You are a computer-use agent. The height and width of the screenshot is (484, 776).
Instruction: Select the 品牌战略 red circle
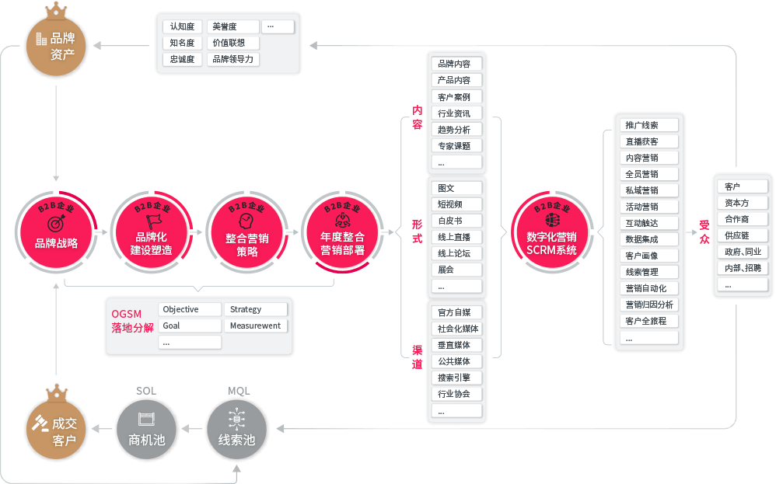coord(56,232)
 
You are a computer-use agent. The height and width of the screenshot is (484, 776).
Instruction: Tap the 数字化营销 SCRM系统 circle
coord(551,232)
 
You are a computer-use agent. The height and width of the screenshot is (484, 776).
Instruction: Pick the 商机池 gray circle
coord(146,430)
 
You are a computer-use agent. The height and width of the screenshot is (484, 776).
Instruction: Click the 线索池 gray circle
coord(236,430)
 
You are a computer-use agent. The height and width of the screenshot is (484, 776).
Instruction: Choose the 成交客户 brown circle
coord(58,430)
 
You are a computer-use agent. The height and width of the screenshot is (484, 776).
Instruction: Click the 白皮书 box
coord(456,221)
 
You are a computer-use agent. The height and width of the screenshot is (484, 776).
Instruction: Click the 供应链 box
coord(741,235)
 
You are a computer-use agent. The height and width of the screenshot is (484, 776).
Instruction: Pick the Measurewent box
coord(255,326)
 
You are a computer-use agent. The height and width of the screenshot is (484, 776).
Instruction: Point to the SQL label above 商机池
coord(146,391)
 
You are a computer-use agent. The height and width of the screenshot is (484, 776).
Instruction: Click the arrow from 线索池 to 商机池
coord(191,430)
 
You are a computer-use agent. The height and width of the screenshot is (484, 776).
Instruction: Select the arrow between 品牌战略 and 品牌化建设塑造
coord(101,232)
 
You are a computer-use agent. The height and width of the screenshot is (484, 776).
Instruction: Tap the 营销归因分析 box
coord(649,305)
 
